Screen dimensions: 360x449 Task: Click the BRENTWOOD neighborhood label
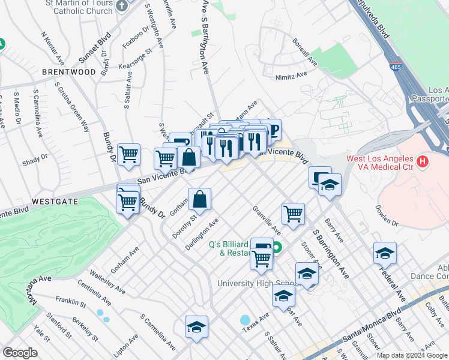coord(69,72)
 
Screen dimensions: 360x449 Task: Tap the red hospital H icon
coord(423,161)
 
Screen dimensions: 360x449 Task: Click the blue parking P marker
coord(271,130)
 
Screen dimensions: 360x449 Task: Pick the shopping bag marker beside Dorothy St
coord(200,199)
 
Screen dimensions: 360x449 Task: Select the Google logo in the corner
coord(20,353)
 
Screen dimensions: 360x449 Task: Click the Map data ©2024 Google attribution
coord(412,355)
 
